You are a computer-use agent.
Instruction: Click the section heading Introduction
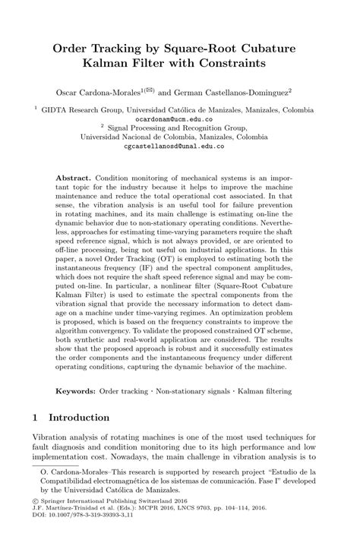tap(80, 418)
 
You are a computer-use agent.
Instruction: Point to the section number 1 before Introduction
tap(36, 418)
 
